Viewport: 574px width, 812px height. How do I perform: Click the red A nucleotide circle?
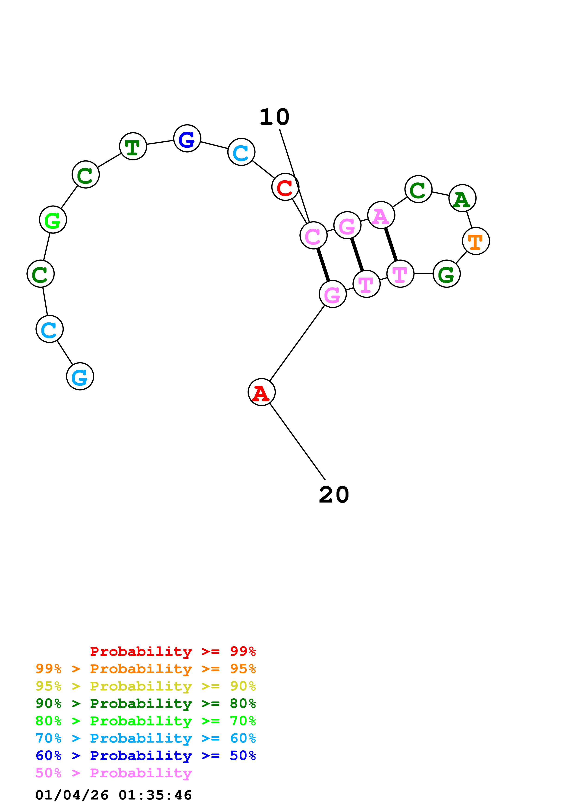[261, 392]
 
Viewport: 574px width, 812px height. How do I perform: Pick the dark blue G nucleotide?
[187, 138]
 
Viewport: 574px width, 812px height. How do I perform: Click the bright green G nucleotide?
[53, 220]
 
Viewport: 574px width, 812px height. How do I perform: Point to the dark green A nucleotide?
[462, 198]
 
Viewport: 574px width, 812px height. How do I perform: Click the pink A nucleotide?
[381, 215]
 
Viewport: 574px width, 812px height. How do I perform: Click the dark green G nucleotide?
[446, 274]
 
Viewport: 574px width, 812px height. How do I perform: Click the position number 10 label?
[274, 117]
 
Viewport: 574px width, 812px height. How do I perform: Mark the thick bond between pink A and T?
[391, 244]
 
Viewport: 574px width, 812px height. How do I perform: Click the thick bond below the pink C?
[323, 265]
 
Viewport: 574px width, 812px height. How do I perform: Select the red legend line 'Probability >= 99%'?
[173, 651]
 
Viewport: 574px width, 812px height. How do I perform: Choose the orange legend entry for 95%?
[145, 669]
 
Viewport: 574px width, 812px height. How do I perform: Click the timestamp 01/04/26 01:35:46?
[113, 795]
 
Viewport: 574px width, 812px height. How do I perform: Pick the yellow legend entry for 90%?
[145, 686]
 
